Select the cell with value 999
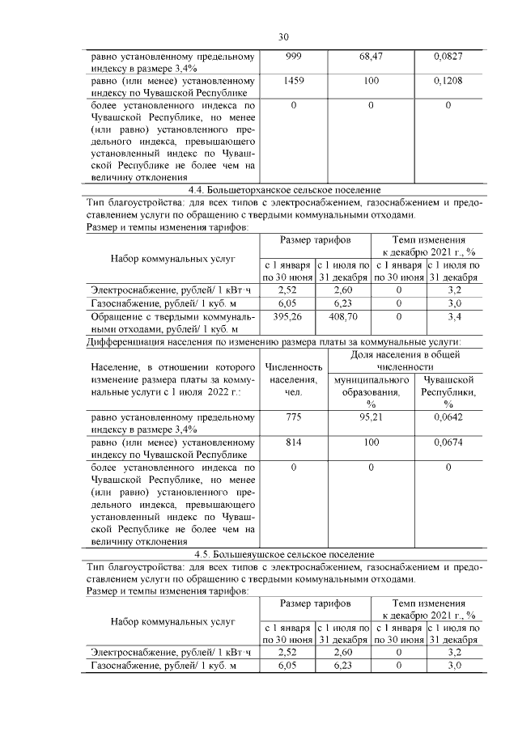[x=293, y=57]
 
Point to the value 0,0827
[x=448, y=57]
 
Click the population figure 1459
[x=293, y=82]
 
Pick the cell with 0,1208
[x=448, y=82]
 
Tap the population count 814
[x=293, y=442]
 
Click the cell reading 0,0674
[x=448, y=442]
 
